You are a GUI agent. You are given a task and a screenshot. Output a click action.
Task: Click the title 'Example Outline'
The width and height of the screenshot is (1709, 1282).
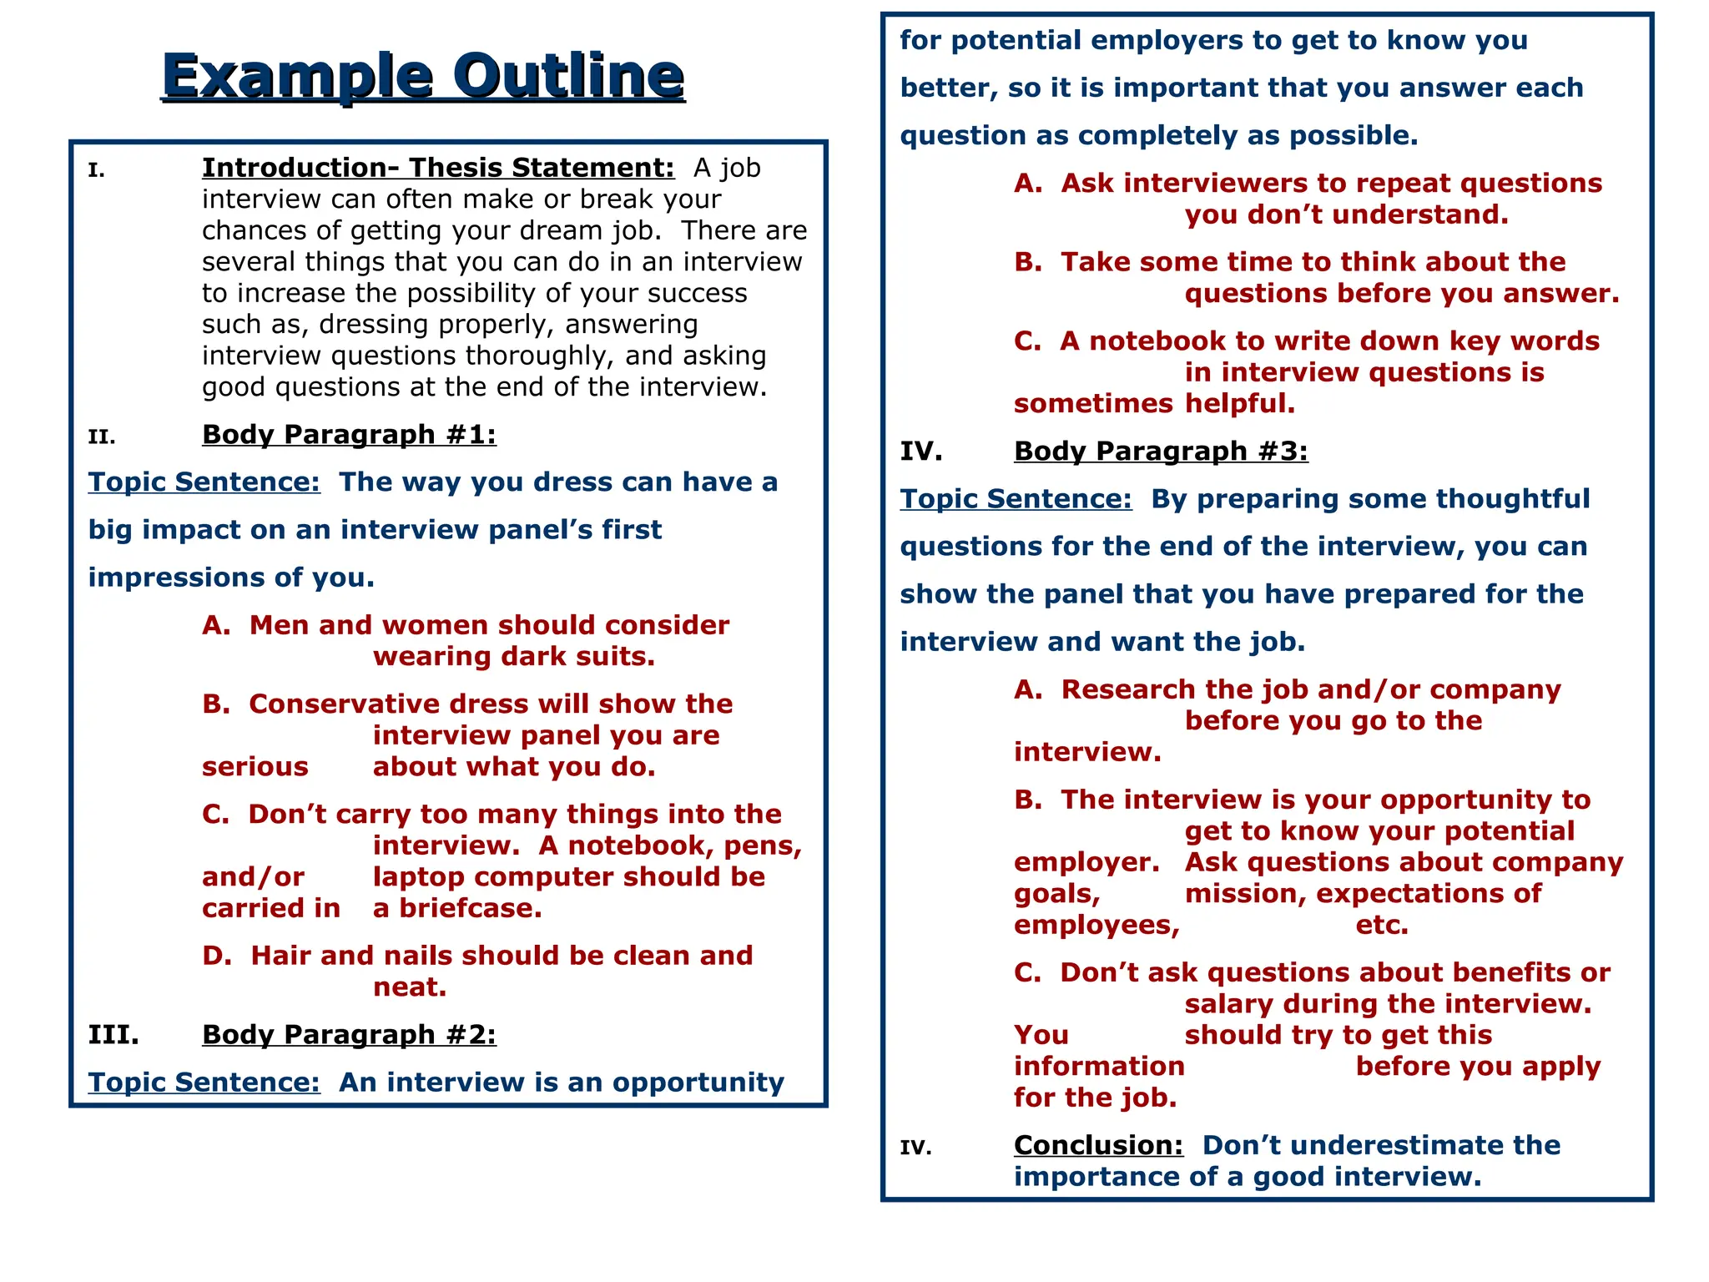click(x=423, y=76)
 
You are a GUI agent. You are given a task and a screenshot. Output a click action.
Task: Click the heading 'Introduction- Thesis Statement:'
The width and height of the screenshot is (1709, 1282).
click(x=438, y=168)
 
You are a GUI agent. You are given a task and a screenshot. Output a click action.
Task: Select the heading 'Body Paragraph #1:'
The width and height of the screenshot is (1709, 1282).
click(x=349, y=435)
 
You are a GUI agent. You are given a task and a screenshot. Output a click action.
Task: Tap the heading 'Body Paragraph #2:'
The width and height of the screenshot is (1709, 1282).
click(x=349, y=1035)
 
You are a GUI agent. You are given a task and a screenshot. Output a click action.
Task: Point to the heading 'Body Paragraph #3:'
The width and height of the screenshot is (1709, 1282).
click(x=1161, y=452)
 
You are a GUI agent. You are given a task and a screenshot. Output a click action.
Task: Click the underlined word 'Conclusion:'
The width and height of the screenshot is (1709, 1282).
click(x=1098, y=1145)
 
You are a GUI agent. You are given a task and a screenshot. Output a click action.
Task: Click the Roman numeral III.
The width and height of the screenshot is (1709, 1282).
click(x=113, y=1035)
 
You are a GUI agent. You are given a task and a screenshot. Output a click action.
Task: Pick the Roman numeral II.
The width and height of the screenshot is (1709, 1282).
click(x=102, y=437)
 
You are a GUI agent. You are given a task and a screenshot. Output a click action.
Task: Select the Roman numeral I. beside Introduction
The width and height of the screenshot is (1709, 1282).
click(x=97, y=171)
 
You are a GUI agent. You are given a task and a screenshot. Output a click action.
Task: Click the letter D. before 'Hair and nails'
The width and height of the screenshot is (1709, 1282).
click(x=217, y=956)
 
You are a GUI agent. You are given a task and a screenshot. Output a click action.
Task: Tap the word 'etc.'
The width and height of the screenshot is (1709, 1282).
click(x=1382, y=926)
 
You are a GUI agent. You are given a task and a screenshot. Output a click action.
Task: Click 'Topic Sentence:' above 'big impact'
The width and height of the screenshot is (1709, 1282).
click(x=204, y=482)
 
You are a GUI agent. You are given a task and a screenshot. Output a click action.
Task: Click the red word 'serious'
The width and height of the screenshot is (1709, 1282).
click(x=255, y=767)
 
